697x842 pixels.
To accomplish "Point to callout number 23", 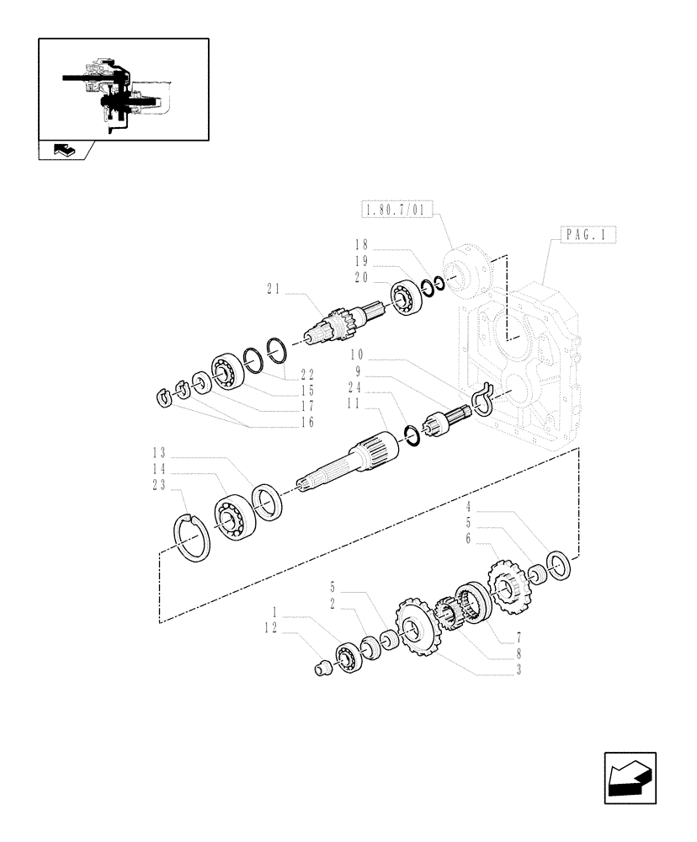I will point(160,485).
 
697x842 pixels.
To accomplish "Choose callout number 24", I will point(355,388).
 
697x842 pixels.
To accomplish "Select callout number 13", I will point(160,451).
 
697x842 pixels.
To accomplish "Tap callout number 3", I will point(520,671).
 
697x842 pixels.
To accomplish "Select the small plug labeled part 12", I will point(320,669).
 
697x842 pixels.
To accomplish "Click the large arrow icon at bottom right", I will point(629,779).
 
